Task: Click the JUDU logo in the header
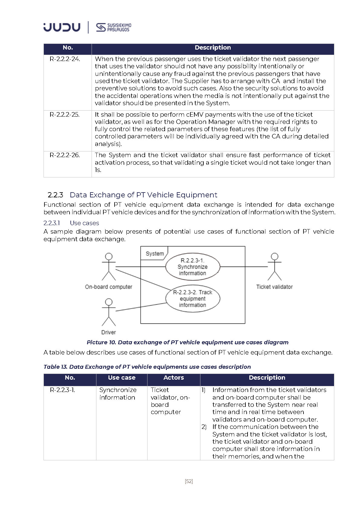pos(62,27)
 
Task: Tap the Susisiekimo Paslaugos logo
pos(114,27)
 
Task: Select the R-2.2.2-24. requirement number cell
pos(65,59)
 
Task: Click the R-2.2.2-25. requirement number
pos(65,115)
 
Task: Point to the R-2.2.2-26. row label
pos(65,155)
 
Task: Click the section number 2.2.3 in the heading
pos(55,195)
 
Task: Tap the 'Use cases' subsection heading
pos(84,223)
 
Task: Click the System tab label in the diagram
pos(154,254)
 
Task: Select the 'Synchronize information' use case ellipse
pos(193,267)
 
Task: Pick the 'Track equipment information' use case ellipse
pos(193,299)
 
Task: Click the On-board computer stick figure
pos(109,267)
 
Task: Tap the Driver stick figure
pos(109,312)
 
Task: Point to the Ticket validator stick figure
pos(274,267)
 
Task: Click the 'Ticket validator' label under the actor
pos(274,287)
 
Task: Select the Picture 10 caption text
pos(187,342)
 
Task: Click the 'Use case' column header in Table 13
pos(122,378)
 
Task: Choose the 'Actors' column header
pos(174,378)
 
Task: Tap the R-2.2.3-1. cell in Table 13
pos(62,390)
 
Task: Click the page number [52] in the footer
pos(189,481)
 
